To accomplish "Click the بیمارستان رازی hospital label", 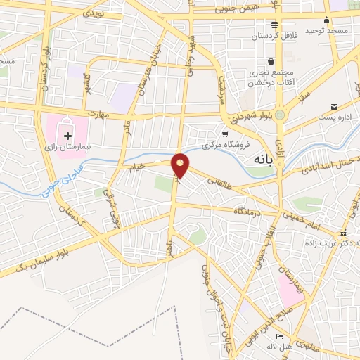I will coord(68,149).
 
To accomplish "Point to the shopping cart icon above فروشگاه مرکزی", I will coord(224,134).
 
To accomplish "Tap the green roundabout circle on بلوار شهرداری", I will coord(280,115).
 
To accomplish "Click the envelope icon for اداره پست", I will coord(334,105).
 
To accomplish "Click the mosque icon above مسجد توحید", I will coord(327,21).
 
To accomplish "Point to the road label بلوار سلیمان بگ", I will coord(32,261).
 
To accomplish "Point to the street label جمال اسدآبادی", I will coord(328,167).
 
